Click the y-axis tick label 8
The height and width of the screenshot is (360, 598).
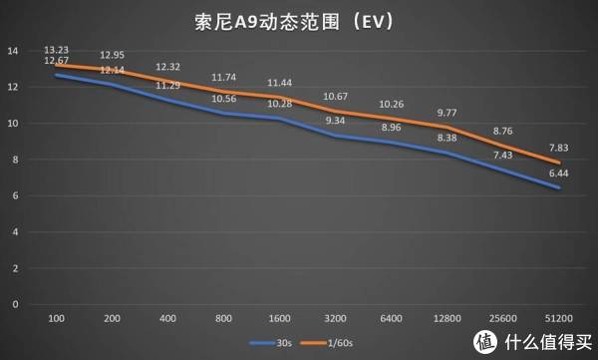point(14,160)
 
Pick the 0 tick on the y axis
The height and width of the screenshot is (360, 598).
point(14,304)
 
